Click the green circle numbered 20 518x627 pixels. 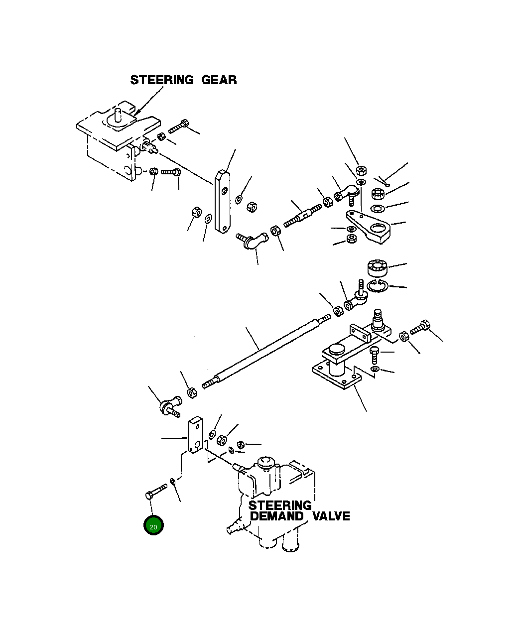153,526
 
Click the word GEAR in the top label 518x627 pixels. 219,80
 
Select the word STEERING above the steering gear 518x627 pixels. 162,80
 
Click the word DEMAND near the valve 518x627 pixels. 276,516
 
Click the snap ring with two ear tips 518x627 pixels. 378,287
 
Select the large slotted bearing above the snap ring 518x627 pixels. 378,268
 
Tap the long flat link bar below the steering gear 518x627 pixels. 222,201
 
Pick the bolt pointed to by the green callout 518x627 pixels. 155,492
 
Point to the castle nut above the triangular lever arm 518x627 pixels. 378,193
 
